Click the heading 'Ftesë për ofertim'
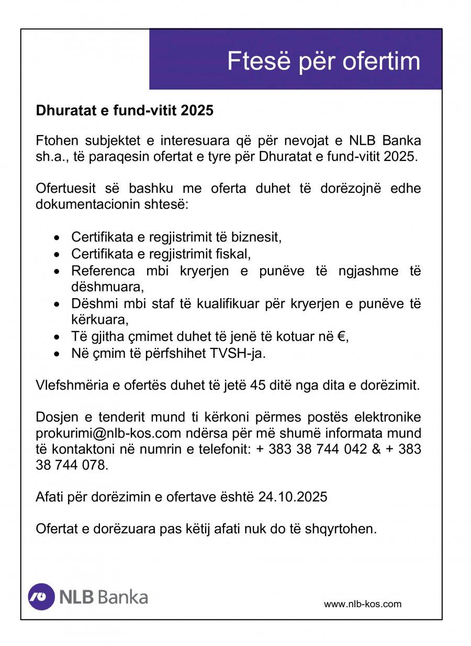coord(323,62)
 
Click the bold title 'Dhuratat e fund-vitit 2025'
coord(125,111)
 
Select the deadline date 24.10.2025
coord(293,497)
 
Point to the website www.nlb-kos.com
coord(363,604)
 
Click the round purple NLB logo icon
coord(41,597)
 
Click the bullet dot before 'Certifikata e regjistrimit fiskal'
coord(58,255)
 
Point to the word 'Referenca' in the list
coord(103,271)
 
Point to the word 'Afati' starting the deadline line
coord(49,497)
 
